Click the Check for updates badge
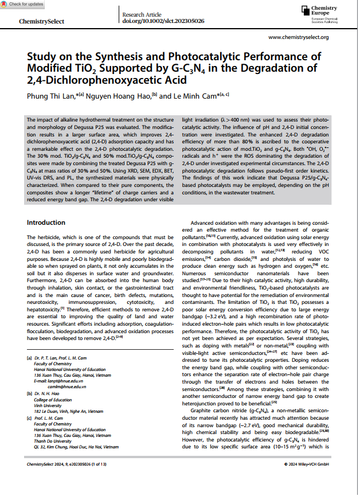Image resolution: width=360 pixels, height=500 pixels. click(22, 4)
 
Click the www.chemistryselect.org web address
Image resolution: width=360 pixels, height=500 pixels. click(298, 37)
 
